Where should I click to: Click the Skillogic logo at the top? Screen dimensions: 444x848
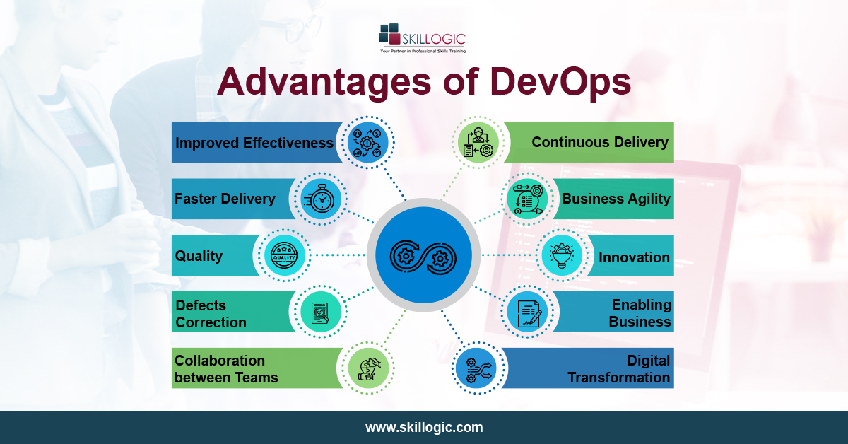[x=423, y=39]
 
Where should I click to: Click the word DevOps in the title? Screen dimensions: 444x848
[x=550, y=83]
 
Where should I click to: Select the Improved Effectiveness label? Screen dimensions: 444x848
[x=254, y=143]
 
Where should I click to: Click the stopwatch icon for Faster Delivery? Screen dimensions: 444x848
[x=321, y=199]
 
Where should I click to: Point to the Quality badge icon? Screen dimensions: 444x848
[x=285, y=255]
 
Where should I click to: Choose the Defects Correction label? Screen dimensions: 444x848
[x=211, y=314]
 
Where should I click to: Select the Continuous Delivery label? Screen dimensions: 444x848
[x=599, y=142]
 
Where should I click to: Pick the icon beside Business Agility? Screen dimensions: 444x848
[x=527, y=199]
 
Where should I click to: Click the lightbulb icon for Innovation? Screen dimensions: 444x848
[x=563, y=255]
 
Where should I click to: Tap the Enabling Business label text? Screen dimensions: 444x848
[x=640, y=313]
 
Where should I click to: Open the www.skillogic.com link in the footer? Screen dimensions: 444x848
[x=424, y=428]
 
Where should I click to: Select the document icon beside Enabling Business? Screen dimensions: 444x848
[x=527, y=312]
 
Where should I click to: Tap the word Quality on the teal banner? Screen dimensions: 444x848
[x=199, y=256]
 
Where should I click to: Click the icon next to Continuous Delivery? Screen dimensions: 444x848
[x=478, y=142]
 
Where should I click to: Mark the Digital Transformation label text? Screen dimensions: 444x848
[x=618, y=369]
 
